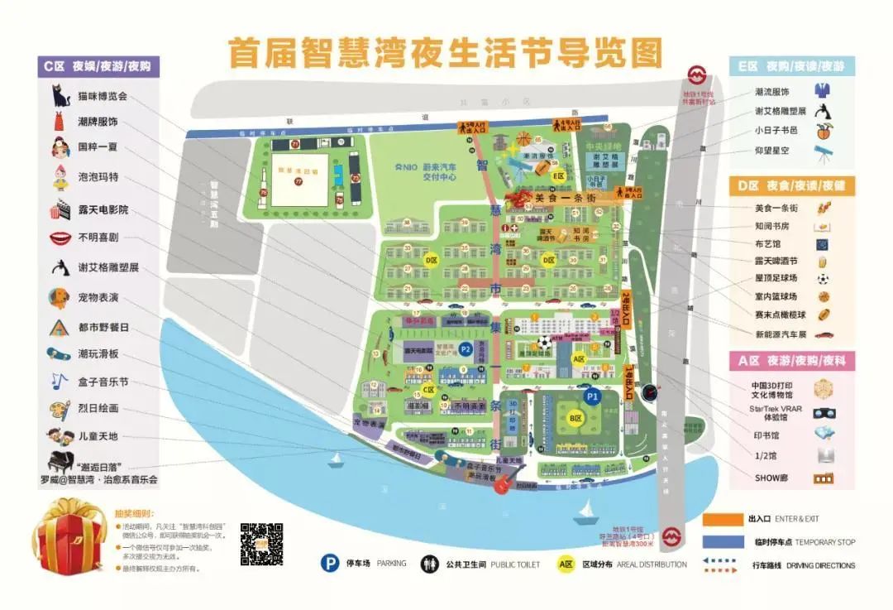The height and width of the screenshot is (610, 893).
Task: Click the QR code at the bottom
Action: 261,544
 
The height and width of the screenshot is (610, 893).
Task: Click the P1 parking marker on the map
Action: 592,396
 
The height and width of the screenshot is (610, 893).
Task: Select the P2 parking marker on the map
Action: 466,349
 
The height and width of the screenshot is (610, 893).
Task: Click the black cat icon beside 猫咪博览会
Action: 60,95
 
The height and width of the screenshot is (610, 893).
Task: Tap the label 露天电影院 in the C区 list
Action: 103,209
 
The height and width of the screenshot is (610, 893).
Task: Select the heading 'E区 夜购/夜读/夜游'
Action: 793,65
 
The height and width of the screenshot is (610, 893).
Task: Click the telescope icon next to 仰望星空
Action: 822,151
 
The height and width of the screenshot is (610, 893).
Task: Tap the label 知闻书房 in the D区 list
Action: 773,226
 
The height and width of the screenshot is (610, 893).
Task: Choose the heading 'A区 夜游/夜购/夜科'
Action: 793,361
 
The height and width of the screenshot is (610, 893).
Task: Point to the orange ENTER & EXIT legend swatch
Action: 722,519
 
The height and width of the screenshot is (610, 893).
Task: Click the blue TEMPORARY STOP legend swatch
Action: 722,542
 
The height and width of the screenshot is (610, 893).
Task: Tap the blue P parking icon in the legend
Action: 331,564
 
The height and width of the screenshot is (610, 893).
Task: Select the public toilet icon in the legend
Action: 429,564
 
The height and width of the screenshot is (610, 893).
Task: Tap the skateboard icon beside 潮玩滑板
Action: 60,353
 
